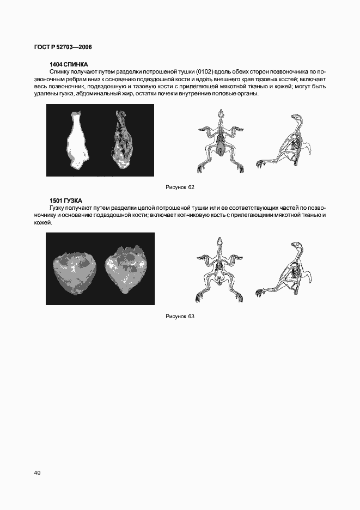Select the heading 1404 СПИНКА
pyautogui.click(x=69, y=64)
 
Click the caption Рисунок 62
pyautogui.click(x=180, y=187)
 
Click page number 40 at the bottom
pyautogui.click(x=38, y=472)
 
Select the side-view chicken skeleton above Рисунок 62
pyautogui.click(x=288, y=143)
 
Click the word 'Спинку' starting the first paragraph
pyautogui.click(x=60, y=72)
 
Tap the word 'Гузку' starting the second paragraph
pyautogui.click(x=59, y=208)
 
